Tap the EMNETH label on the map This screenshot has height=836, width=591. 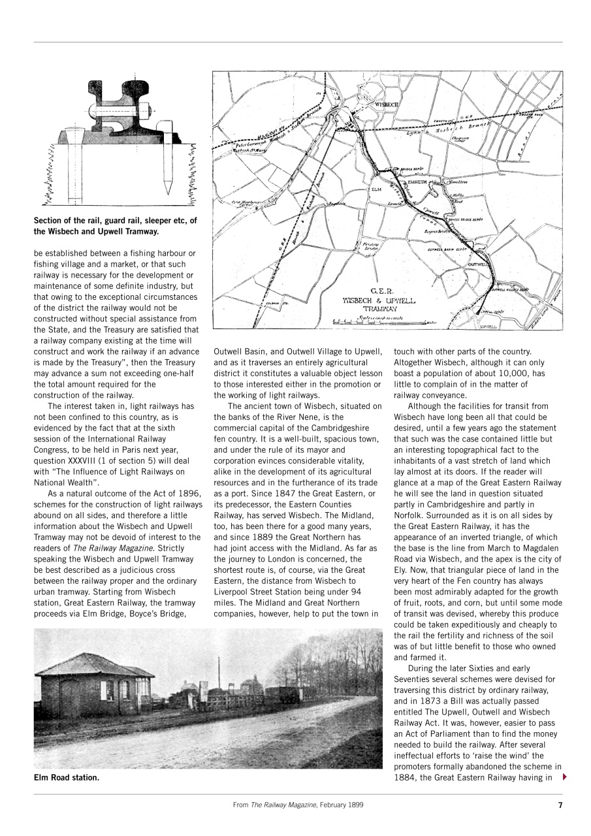pos(417,182)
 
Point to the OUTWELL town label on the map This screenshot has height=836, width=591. pos(478,265)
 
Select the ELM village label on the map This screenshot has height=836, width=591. pos(375,189)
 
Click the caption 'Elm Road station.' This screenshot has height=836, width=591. pos(67,777)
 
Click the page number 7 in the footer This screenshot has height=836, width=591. pos(560,805)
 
